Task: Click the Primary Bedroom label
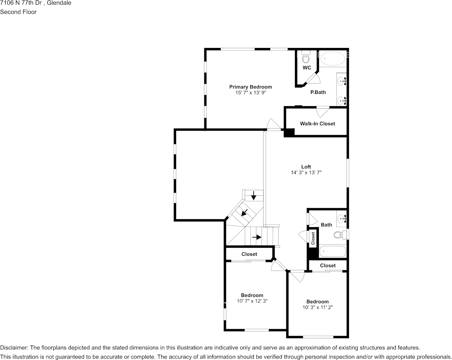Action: [250, 87]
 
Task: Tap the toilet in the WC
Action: [306, 57]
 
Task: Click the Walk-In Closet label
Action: [317, 124]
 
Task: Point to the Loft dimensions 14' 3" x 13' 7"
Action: [306, 173]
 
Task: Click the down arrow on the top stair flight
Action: [254, 196]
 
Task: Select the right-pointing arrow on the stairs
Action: [257, 237]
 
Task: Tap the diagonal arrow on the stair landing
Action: [245, 213]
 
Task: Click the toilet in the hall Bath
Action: [341, 235]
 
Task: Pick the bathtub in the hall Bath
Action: [333, 251]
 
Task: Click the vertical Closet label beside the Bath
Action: [313, 238]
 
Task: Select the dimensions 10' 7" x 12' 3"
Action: [252, 301]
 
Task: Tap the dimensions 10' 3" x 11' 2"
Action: [318, 307]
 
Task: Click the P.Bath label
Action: [318, 92]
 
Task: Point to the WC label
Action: [307, 68]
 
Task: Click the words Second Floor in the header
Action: [18, 12]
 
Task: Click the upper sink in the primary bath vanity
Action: [342, 81]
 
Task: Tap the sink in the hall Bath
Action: [342, 218]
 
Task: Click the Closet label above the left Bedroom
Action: [249, 254]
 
